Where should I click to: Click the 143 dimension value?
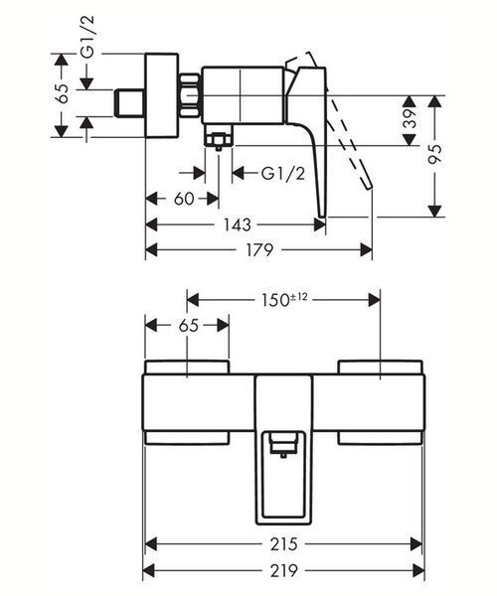click(x=237, y=224)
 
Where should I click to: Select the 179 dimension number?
click(x=259, y=249)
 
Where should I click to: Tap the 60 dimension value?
click(x=184, y=199)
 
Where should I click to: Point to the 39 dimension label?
click(x=410, y=118)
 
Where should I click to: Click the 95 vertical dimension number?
click(x=435, y=154)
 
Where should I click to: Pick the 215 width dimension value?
click(x=283, y=544)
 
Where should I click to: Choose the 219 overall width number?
click(x=283, y=570)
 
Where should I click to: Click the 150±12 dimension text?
click(x=284, y=300)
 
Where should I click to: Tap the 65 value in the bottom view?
click(x=189, y=326)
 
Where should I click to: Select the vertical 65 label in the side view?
click(x=63, y=92)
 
